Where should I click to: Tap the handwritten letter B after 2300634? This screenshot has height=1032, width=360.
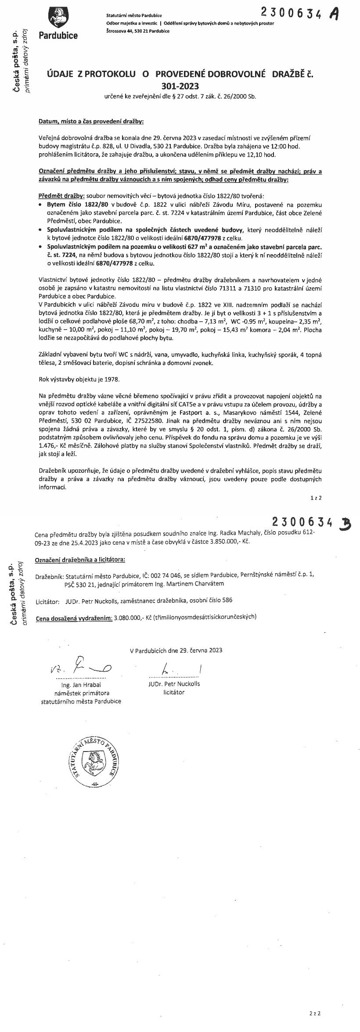click(x=345, y=523)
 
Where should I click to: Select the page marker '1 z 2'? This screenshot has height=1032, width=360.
click(x=316, y=498)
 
